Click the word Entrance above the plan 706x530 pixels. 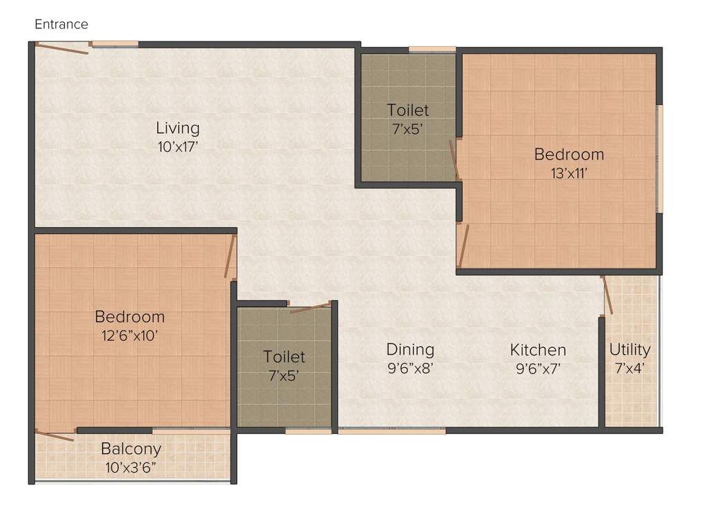[61, 24]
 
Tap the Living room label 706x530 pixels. [177, 128]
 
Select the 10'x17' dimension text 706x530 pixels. [177, 146]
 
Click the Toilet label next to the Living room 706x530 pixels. [407, 110]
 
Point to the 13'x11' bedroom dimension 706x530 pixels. [568, 173]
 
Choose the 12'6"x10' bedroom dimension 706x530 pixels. [130, 335]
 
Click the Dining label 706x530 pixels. [410, 349]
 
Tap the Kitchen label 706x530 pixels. [538, 350]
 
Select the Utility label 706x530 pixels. [629, 349]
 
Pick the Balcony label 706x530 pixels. [131, 449]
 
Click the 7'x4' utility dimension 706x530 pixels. [630, 368]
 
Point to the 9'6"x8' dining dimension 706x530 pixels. [410, 368]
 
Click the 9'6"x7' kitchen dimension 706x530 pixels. [538, 368]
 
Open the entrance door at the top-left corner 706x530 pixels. [62, 48]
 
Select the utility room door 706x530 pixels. [607, 295]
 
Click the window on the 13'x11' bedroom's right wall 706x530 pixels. [659, 159]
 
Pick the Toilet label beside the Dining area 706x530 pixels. [284, 357]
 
